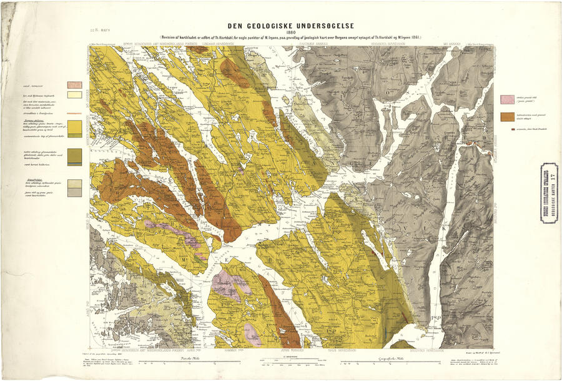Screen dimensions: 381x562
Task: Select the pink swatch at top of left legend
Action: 75,84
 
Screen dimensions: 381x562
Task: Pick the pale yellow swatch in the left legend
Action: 75,95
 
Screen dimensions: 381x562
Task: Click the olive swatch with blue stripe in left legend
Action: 75,157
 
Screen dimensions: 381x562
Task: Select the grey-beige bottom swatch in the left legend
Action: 75,192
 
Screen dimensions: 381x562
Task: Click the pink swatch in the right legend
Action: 507,99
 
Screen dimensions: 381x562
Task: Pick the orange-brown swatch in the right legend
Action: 507,117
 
